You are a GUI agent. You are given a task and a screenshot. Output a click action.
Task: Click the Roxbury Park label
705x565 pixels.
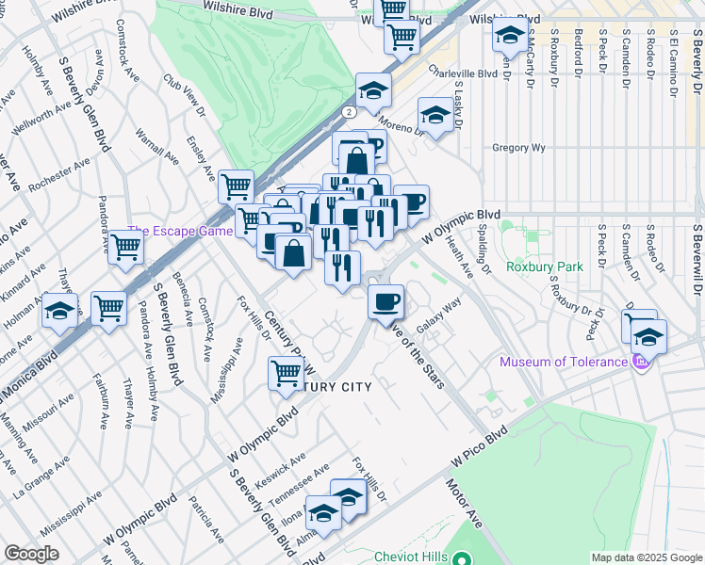543,266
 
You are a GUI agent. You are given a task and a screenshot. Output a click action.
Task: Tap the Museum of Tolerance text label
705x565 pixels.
564,362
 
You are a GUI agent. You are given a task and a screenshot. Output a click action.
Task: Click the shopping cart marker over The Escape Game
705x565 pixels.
125,247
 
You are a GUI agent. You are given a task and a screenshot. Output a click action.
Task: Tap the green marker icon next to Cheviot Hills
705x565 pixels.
461,557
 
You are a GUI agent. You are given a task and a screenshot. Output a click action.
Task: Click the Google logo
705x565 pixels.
30,554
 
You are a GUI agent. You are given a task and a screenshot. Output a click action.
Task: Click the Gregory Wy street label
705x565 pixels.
518,148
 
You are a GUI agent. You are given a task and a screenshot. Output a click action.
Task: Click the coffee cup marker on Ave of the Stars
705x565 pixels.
385,302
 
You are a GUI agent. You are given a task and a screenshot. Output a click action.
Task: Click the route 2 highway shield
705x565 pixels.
349,111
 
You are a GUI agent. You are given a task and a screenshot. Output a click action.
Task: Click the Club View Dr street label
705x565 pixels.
185,96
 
